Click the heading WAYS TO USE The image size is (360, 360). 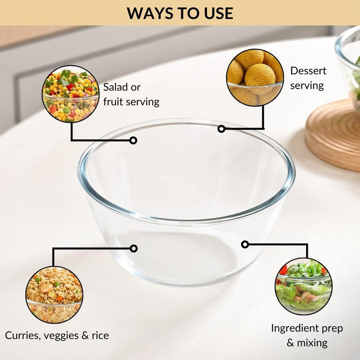[x=180, y=13]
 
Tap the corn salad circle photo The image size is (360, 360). [x=71, y=94]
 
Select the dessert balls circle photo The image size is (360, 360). [x=255, y=77]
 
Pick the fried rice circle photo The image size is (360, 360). [x=54, y=295]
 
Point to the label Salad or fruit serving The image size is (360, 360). [x=131, y=94]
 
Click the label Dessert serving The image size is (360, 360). [x=308, y=78]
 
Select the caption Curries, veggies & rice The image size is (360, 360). [x=57, y=335]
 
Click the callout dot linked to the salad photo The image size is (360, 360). [x=133, y=140]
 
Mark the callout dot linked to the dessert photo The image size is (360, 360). [x=221, y=129]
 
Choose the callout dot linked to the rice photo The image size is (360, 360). [x=133, y=248]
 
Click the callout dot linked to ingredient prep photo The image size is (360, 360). [x=245, y=244]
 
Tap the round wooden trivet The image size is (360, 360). [x=333, y=135]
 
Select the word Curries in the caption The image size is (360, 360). [x=21, y=335]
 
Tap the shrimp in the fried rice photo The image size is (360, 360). [x=47, y=288]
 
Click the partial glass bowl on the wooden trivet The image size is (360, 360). [x=349, y=63]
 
